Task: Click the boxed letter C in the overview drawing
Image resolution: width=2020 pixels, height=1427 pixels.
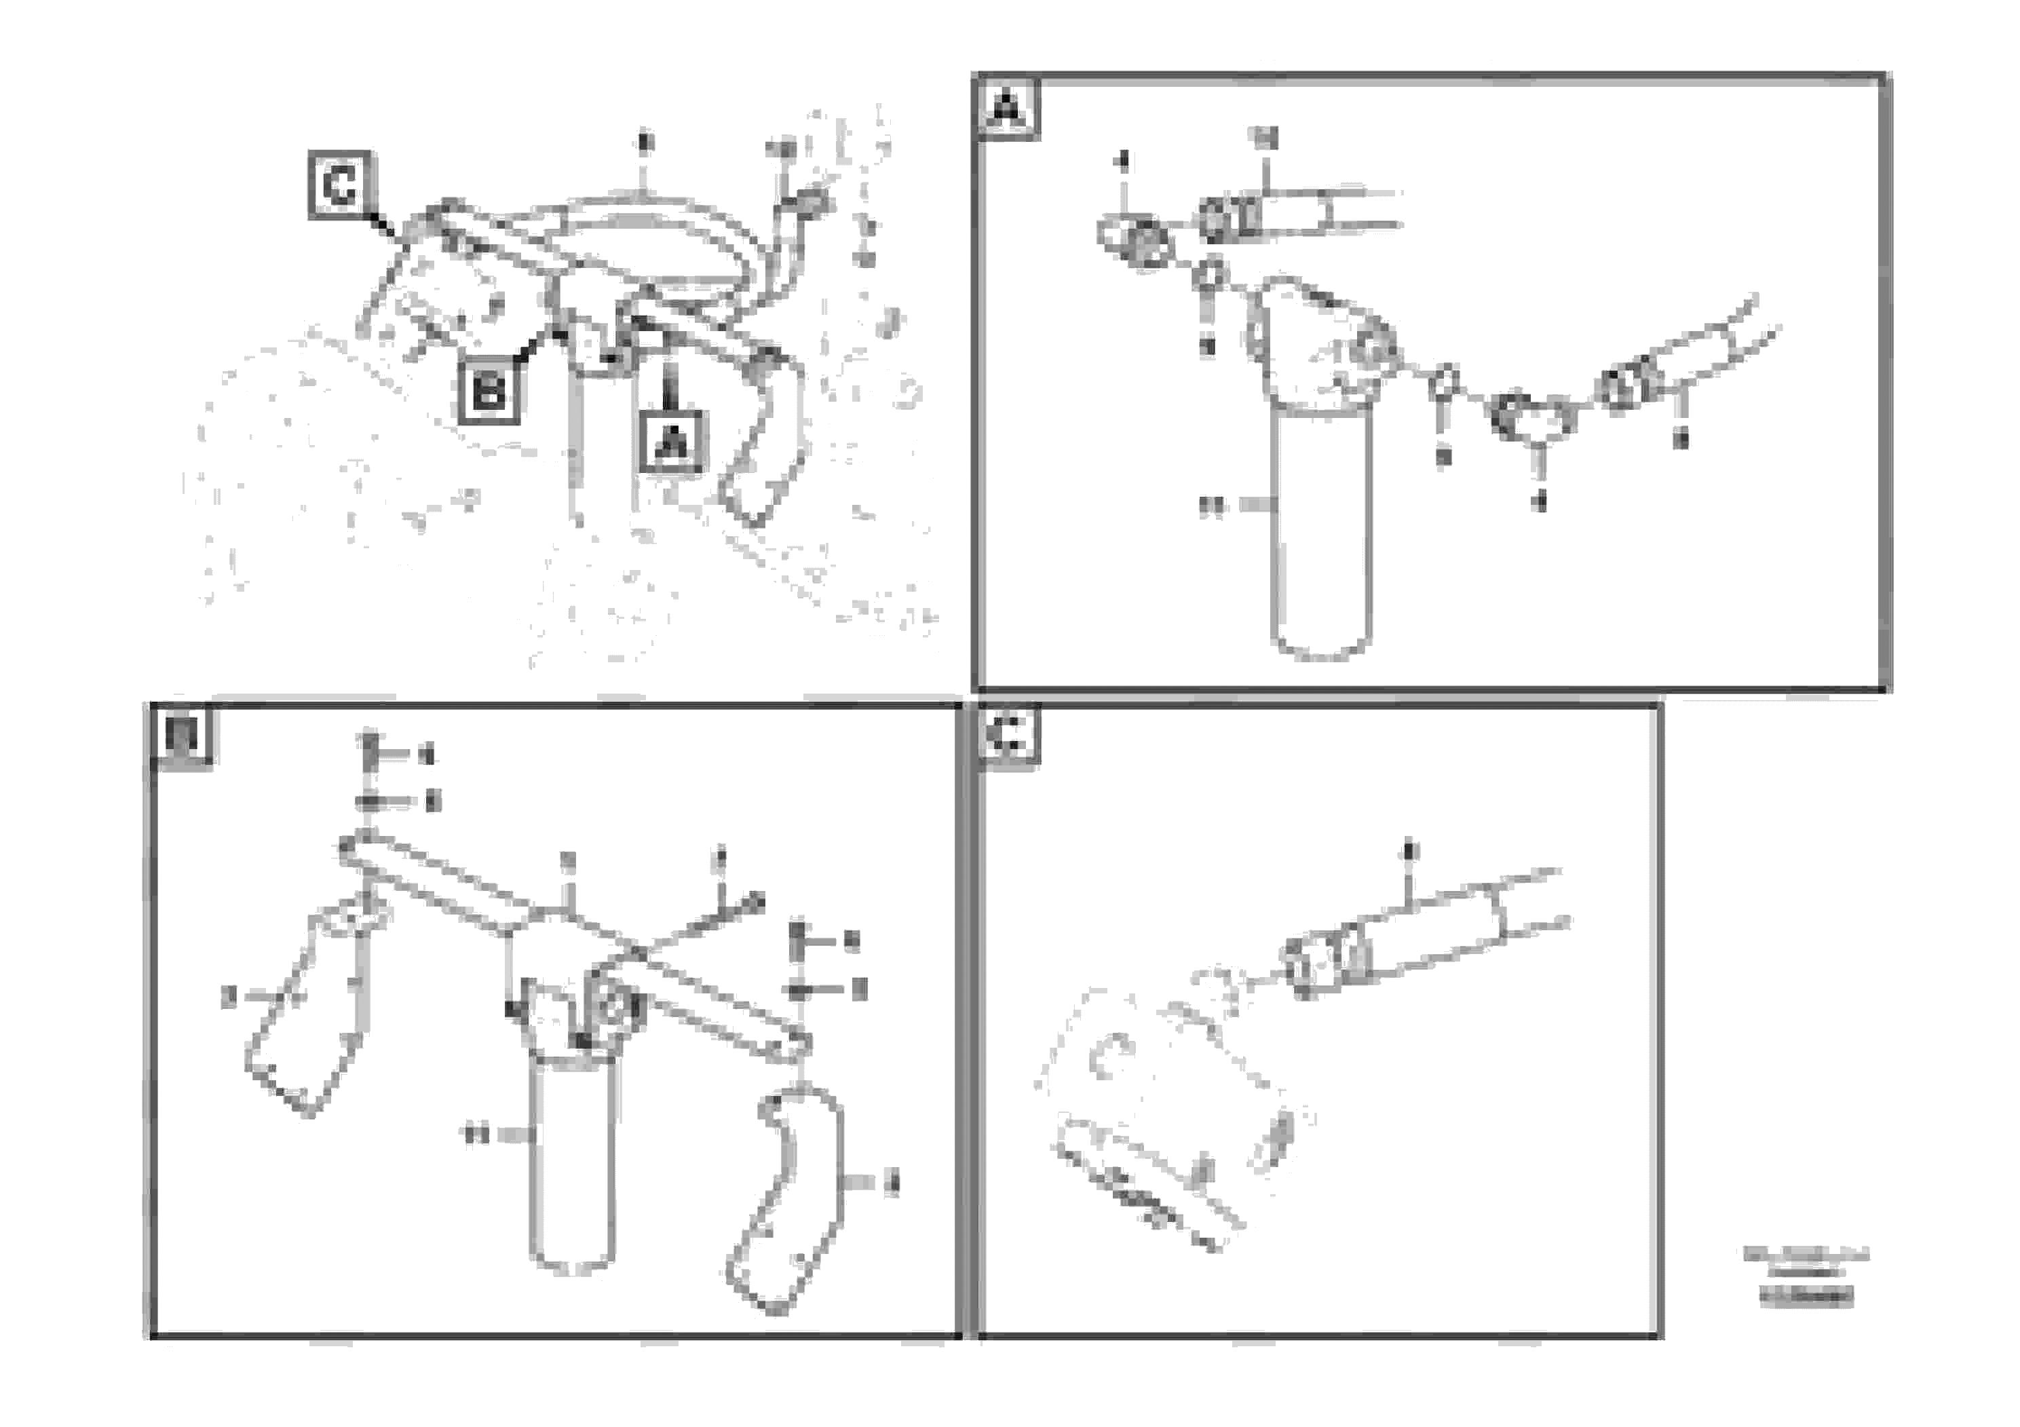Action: (x=341, y=186)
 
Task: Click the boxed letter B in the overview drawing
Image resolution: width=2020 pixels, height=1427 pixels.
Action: (x=489, y=392)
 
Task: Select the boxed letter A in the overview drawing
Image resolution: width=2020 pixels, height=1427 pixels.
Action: (x=673, y=442)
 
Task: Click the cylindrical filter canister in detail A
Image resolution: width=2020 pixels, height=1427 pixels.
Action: (x=1320, y=537)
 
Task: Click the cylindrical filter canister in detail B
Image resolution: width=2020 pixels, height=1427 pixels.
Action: (x=573, y=1166)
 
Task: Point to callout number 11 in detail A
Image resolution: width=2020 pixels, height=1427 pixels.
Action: (x=1213, y=507)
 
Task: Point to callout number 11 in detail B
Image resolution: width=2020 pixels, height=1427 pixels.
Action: (x=476, y=1136)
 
